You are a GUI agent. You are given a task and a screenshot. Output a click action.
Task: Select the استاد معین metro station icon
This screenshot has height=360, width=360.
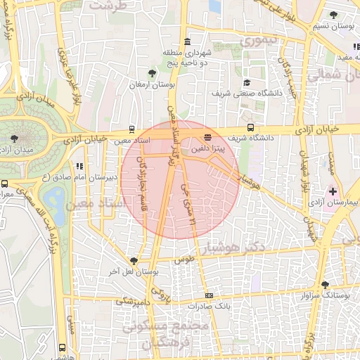131,129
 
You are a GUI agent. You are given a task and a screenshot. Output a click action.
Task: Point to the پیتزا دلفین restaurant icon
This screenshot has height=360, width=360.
207,137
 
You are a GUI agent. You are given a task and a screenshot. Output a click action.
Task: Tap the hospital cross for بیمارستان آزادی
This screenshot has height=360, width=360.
331,191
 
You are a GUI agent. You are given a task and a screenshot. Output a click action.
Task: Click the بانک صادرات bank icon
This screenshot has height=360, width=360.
208,296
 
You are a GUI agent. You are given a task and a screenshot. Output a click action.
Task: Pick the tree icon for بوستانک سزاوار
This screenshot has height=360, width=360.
324,284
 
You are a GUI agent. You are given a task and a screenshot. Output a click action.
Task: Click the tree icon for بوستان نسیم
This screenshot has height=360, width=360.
333,15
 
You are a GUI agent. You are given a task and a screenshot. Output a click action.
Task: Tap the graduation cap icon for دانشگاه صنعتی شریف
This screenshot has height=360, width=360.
246,82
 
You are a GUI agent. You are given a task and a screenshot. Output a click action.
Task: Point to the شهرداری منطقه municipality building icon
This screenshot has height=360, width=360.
186,41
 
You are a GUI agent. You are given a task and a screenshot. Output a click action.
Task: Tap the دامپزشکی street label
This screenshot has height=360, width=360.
131,301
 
